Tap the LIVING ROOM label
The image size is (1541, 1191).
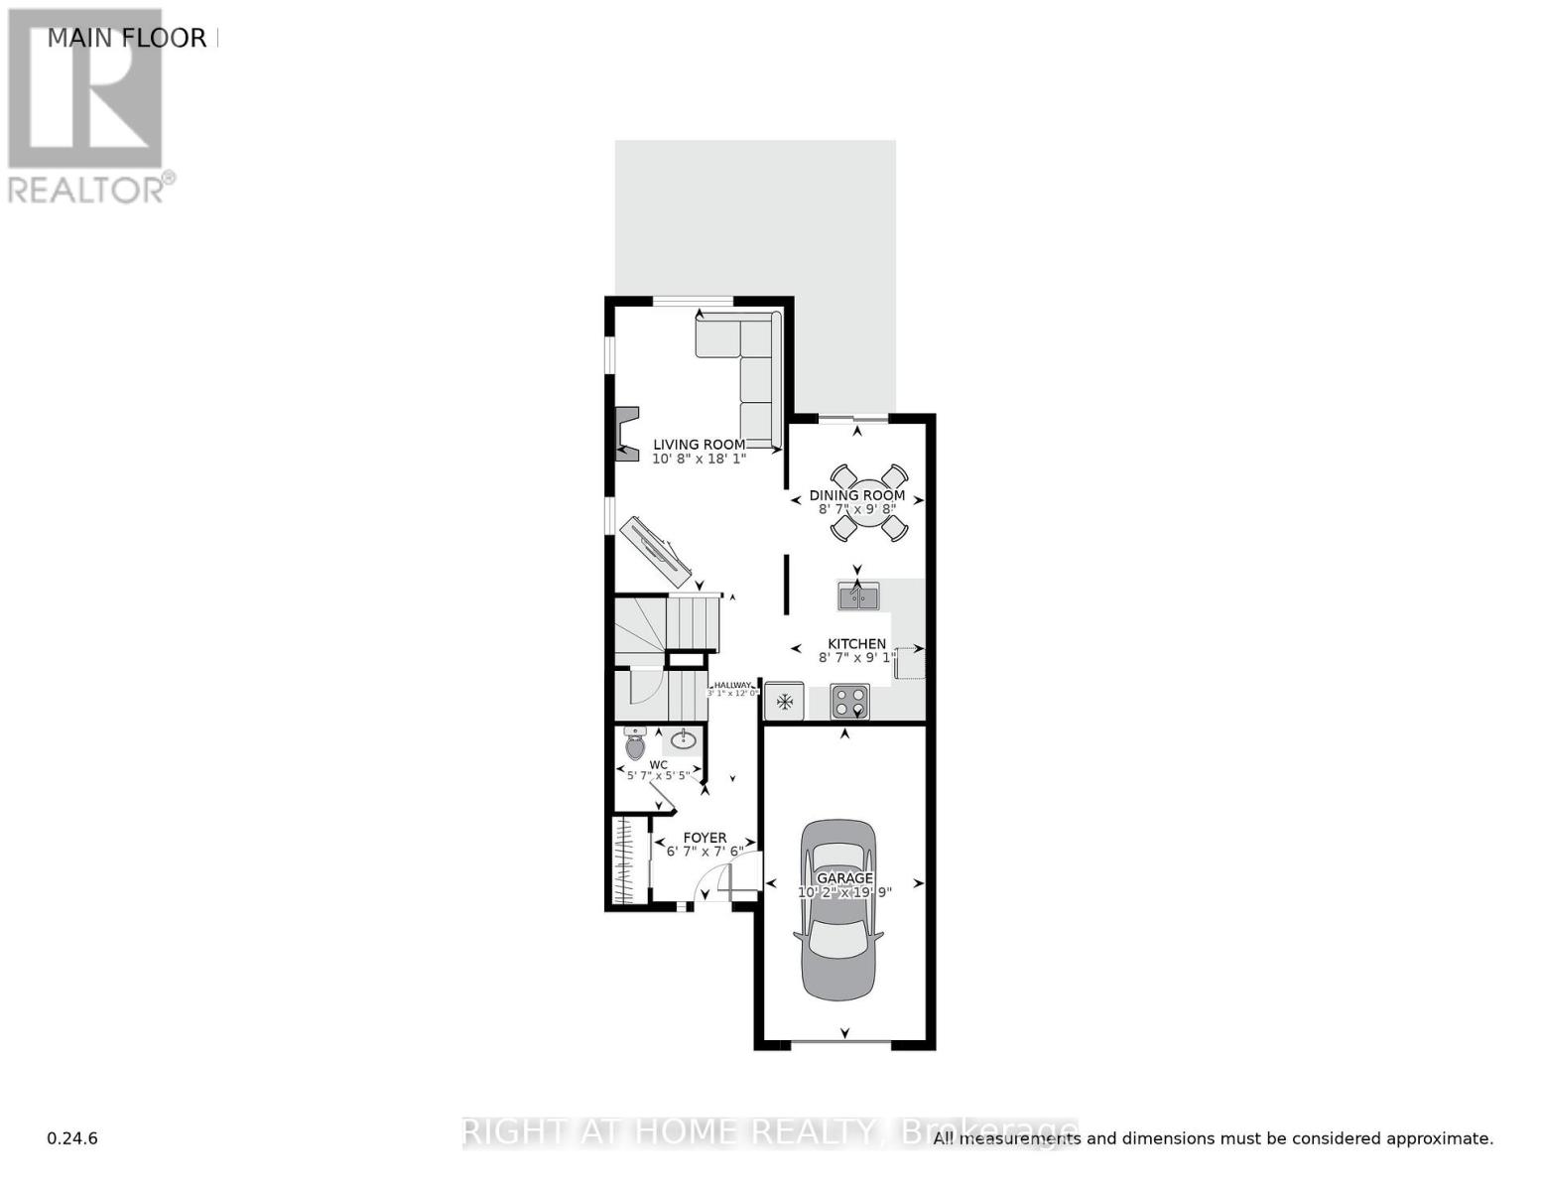click(699, 445)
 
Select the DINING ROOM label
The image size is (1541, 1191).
click(857, 495)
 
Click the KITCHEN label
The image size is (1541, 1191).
click(856, 644)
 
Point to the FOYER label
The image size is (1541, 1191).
click(705, 838)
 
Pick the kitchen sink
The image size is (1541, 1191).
click(859, 596)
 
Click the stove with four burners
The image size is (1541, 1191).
click(849, 701)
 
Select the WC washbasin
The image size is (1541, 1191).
click(683, 739)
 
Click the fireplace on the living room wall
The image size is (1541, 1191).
click(625, 434)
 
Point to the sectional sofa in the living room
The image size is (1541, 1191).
click(754, 367)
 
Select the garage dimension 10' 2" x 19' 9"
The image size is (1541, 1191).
click(844, 892)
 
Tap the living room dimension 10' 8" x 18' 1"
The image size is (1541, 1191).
click(699, 460)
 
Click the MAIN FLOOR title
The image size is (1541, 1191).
click(127, 39)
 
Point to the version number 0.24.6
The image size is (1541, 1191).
click(72, 1138)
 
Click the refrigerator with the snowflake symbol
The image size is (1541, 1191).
click(784, 701)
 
